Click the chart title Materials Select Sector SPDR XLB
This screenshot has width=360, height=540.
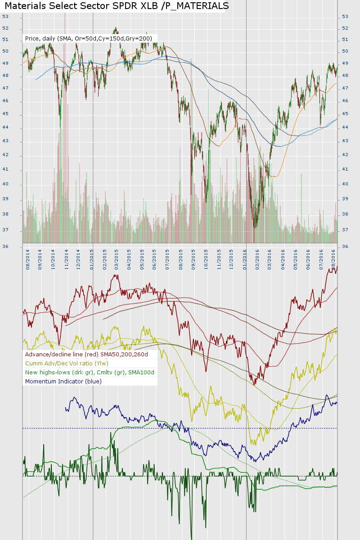pos(117,6)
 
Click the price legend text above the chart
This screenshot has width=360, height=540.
pos(88,39)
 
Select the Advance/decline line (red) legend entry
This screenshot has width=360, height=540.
pos(86,354)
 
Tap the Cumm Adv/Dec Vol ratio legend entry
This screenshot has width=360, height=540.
pos(67,363)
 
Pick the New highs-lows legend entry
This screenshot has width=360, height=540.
pos(90,372)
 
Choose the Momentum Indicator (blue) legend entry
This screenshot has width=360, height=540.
pos(63,381)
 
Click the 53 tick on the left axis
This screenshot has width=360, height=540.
pos(5,17)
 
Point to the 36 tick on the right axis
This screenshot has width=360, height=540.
pos(345,247)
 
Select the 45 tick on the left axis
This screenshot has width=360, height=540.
pos(5,114)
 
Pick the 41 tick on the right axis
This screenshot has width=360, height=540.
pos(345,169)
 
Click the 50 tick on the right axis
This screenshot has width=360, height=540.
pos(345,51)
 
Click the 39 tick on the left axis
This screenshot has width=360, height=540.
pos(5,199)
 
